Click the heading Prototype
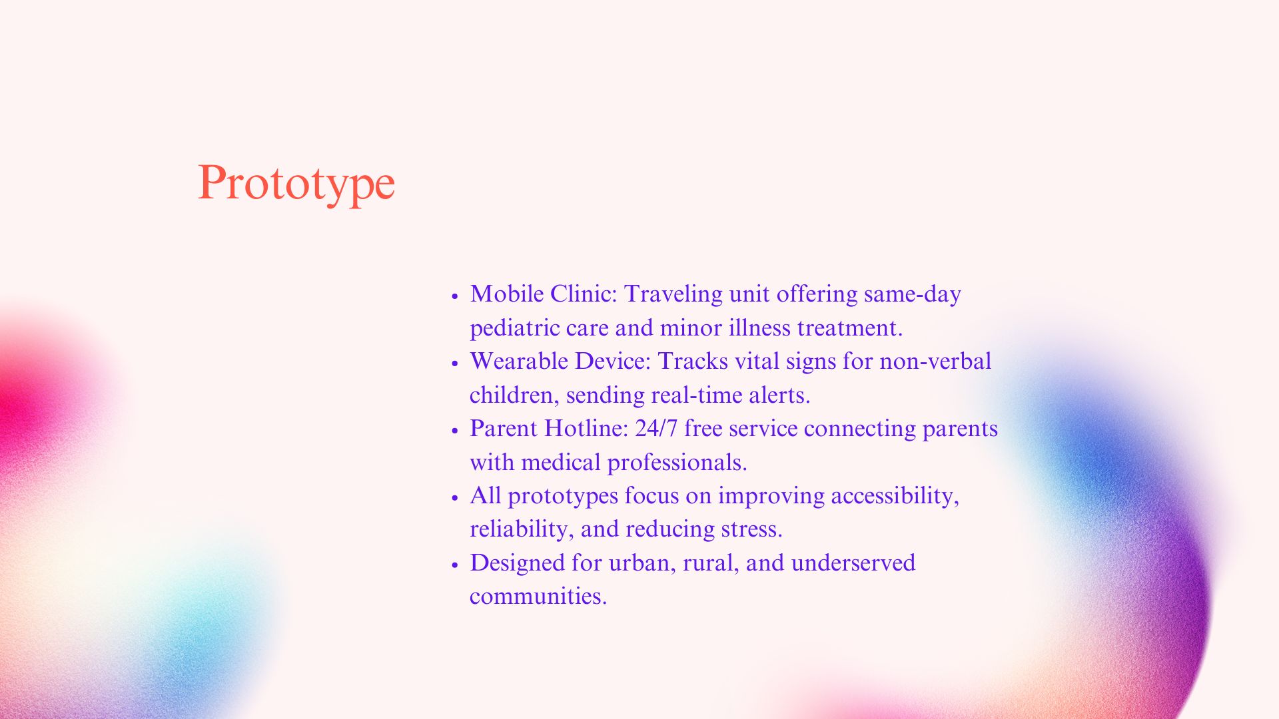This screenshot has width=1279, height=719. [x=296, y=183]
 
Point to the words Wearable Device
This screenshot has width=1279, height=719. [x=558, y=361]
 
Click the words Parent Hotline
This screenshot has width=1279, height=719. [x=547, y=428]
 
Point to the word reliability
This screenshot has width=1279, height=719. [x=521, y=529]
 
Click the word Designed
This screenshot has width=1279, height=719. [x=517, y=563]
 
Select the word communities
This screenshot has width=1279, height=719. [x=537, y=596]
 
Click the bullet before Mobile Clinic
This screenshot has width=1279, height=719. [x=455, y=296]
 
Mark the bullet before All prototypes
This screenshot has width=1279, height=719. [x=455, y=497]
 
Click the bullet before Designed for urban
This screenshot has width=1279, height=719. [x=455, y=565]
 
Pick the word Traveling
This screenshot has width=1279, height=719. [x=673, y=294]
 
